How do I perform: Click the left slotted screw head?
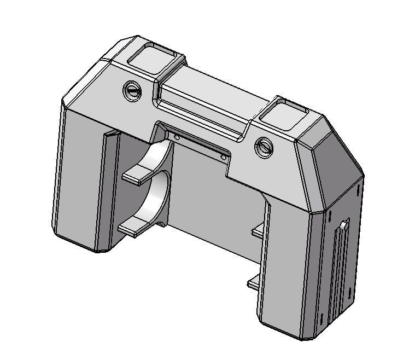click(132, 90)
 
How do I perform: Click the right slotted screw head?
click(265, 146)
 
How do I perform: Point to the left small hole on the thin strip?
click(176, 137)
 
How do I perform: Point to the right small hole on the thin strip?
click(224, 158)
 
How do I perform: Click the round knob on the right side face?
click(344, 225)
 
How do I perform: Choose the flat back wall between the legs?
click(213, 197)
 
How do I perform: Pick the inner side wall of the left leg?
click(110, 186)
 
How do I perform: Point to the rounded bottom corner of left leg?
click(98, 248)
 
